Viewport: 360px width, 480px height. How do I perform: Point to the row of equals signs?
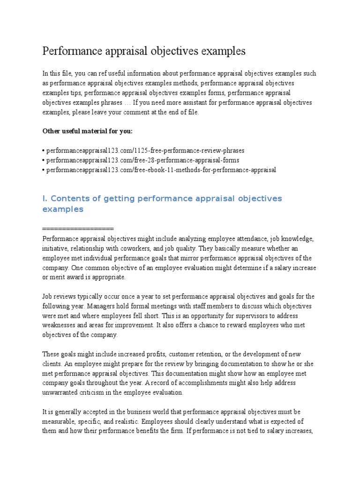[78, 229]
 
